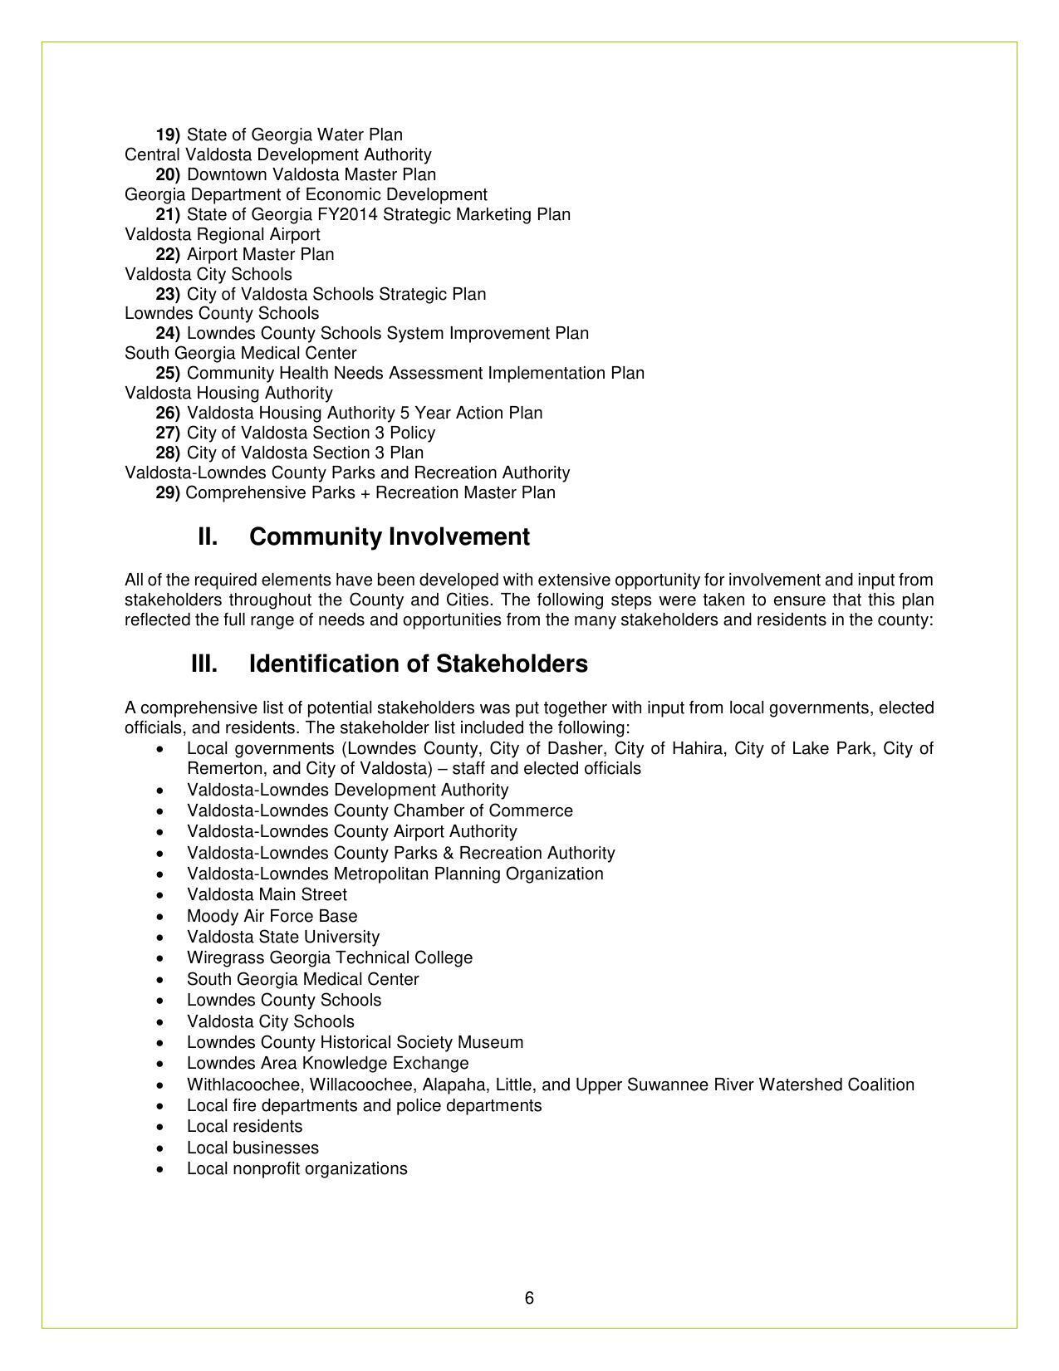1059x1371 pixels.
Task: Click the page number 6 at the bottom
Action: pos(529,1299)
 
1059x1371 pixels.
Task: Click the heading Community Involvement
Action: pos(389,537)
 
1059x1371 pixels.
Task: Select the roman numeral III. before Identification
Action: pos(204,664)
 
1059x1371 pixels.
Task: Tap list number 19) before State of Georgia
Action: pos(168,135)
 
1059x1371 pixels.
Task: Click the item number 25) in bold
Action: pos(168,373)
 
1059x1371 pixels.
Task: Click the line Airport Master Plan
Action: pos(260,254)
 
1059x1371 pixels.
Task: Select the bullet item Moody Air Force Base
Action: pos(272,916)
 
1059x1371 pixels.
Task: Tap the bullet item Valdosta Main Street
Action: pos(267,894)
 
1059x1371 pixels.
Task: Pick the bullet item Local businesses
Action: pos(252,1148)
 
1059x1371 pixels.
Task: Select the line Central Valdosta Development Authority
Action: pos(277,154)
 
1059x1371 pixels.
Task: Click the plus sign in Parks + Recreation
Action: pos(366,493)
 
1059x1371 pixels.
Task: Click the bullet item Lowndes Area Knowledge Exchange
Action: pos(327,1063)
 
